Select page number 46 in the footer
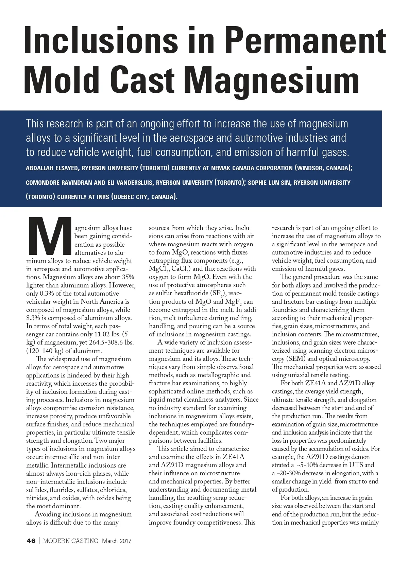(x=31, y=541)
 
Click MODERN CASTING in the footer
(x=71, y=541)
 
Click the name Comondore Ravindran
(x=59, y=183)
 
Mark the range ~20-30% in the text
(x=288, y=473)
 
